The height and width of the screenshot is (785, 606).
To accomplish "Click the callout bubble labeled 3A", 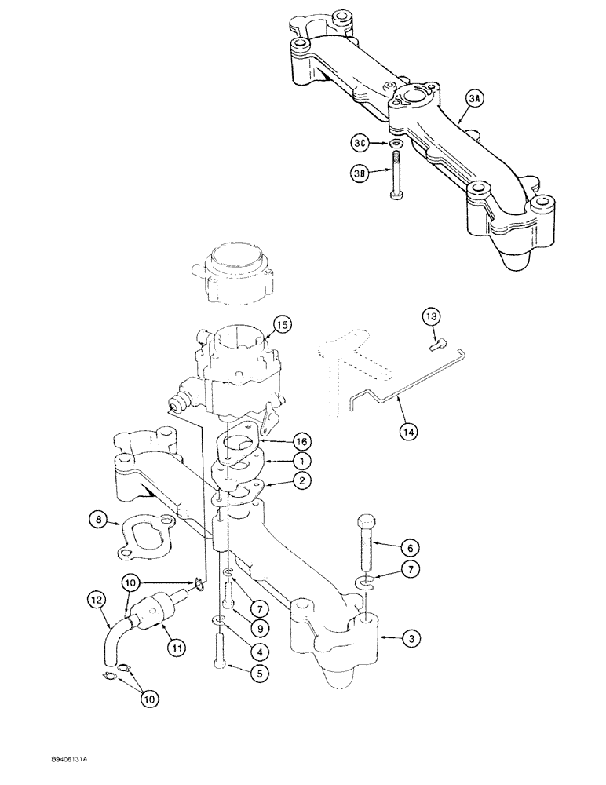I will click(474, 98).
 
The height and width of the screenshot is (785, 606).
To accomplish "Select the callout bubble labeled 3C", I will click(360, 144).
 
